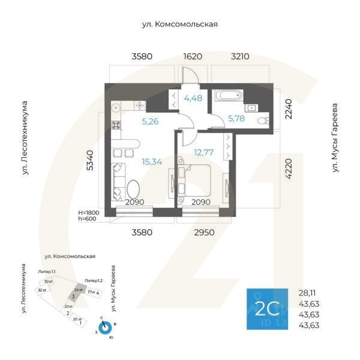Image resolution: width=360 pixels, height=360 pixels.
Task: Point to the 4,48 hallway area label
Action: point(194,99)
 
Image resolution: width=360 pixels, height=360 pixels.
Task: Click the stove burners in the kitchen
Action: point(116,127)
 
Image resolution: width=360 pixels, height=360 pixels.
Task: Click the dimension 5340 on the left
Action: point(91,160)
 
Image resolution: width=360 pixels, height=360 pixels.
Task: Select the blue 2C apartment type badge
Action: point(268,308)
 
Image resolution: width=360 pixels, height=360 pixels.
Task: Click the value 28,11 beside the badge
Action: point(308,293)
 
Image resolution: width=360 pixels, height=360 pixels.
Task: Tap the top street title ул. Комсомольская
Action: point(178,25)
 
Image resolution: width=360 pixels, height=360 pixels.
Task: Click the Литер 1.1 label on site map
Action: point(47,272)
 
